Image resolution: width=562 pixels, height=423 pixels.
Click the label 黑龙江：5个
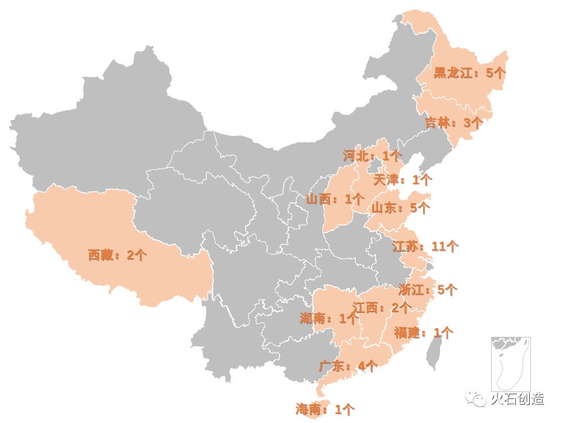pyautogui.click(x=469, y=73)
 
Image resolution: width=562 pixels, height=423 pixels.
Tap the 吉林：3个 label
pyautogui.click(x=454, y=123)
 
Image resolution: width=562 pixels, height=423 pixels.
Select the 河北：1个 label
pyautogui.click(x=372, y=156)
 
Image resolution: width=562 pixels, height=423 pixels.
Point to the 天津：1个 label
pyautogui.click(x=403, y=180)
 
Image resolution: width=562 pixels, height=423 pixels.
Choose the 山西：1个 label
pyautogui.click(x=335, y=199)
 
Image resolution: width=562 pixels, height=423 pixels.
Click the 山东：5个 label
pyautogui.click(x=400, y=208)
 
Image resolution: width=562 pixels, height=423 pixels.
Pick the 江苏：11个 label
pyautogui.click(x=425, y=247)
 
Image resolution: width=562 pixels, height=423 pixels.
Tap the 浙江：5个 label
pyautogui.click(x=428, y=289)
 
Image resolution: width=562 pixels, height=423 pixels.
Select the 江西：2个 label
pyautogui.click(x=382, y=308)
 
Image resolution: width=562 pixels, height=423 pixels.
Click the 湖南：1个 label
pyautogui.click(x=328, y=319)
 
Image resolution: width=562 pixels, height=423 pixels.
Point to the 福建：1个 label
pyautogui.click(x=423, y=333)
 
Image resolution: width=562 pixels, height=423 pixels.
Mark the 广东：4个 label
pyautogui.click(x=348, y=367)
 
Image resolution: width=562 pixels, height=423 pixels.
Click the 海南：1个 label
pyautogui.click(x=325, y=410)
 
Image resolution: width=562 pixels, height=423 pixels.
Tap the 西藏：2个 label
pyautogui.click(x=117, y=255)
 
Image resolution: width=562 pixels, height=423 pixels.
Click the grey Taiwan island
pyautogui.click(x=433, y=355)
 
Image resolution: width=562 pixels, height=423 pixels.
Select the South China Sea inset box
pyautogui.click(x=510, y=364)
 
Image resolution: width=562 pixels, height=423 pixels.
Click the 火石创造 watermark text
pyautogui.click(x=517, y=399)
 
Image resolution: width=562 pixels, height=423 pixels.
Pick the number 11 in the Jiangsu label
pyautogui.click(x=438, y=247)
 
